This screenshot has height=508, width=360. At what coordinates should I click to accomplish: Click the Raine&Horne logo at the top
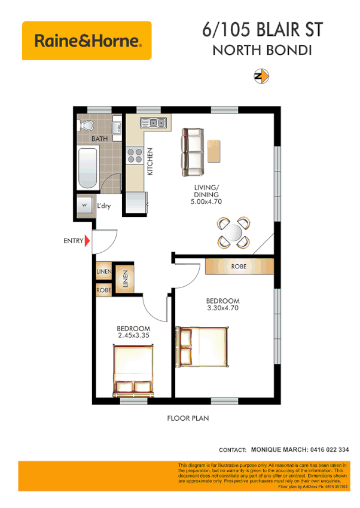(87, 41)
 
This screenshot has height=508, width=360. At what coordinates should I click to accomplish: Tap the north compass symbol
(261, 76)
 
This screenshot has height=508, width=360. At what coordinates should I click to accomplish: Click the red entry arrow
(87, 241)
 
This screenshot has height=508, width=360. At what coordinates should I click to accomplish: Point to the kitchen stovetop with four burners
(135, 156)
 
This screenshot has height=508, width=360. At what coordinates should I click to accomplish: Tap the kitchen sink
(153, 123)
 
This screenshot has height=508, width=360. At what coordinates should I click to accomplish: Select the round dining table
(233, 232)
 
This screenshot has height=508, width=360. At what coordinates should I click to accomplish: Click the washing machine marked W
(84, 206)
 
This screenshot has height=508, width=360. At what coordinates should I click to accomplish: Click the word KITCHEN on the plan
(151, 161)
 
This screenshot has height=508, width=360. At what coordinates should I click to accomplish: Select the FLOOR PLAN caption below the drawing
(188, 418)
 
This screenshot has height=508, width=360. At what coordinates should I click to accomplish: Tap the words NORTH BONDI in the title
(262, 50)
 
